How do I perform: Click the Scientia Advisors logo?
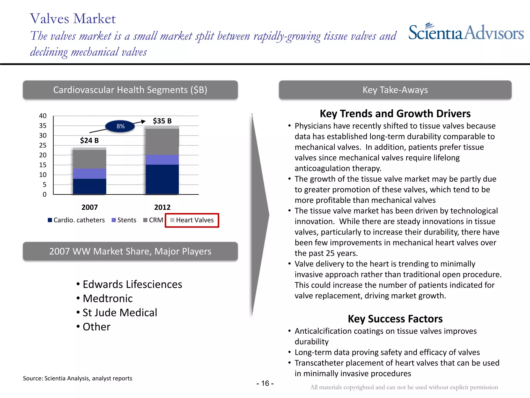coord(466,33)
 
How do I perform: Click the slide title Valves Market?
coord(73,19)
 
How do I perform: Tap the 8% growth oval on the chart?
coord(120,126)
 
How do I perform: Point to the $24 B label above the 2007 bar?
coord(89,140)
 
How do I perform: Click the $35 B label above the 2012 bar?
coord(162,121)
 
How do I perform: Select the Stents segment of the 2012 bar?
coord(162,160)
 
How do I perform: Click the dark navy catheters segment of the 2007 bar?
coord(90,186)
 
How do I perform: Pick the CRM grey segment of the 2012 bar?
coord(162,142)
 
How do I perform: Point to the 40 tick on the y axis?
coord(43,116)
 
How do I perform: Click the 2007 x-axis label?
coord(90,207)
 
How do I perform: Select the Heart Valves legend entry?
coord(192,220)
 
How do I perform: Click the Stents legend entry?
coord(124,220)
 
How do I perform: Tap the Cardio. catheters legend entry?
coord(77,220)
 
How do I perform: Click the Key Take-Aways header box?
coord(395,90)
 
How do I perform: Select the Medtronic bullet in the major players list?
coord(107,298)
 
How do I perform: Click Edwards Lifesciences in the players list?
coord(132,285)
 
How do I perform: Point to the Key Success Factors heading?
coord(395,319)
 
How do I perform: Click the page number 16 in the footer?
coord(265,383)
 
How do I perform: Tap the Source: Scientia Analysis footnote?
coord(78,378)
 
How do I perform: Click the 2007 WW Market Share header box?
coord(130,251)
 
